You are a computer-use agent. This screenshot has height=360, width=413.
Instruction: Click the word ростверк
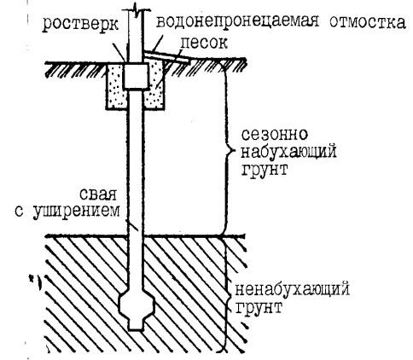(x=80, y=25)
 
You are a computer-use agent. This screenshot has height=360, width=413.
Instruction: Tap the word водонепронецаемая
(x=237, y=21)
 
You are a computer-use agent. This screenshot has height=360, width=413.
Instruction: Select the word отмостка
(x=368, y=22)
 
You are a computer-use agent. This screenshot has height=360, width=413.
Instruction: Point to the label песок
(x=204, y=43)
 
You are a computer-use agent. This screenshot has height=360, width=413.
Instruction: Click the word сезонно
(x=275, y=134)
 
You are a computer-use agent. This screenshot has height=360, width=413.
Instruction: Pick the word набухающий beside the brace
(x=288, y=152)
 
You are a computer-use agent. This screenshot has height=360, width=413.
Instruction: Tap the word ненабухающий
(x=292, y=290)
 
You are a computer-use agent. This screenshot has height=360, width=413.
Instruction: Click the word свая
(x=98, y=195)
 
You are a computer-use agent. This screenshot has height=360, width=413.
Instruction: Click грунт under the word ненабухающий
(x=259, y=307)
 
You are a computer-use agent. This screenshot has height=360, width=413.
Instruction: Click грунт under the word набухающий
(x=265, y=169)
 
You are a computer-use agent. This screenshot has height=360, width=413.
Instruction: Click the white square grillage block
(x=136, y=76)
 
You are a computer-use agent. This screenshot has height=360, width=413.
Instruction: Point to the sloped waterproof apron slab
(x=166, y=56)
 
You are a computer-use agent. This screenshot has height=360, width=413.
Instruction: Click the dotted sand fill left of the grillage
(x=117, y=86)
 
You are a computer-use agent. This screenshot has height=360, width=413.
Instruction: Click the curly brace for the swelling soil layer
(x=226, y=151)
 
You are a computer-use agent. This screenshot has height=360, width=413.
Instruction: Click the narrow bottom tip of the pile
(x=136, y=325)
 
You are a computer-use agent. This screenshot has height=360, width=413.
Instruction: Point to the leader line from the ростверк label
(x=118, y=51)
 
